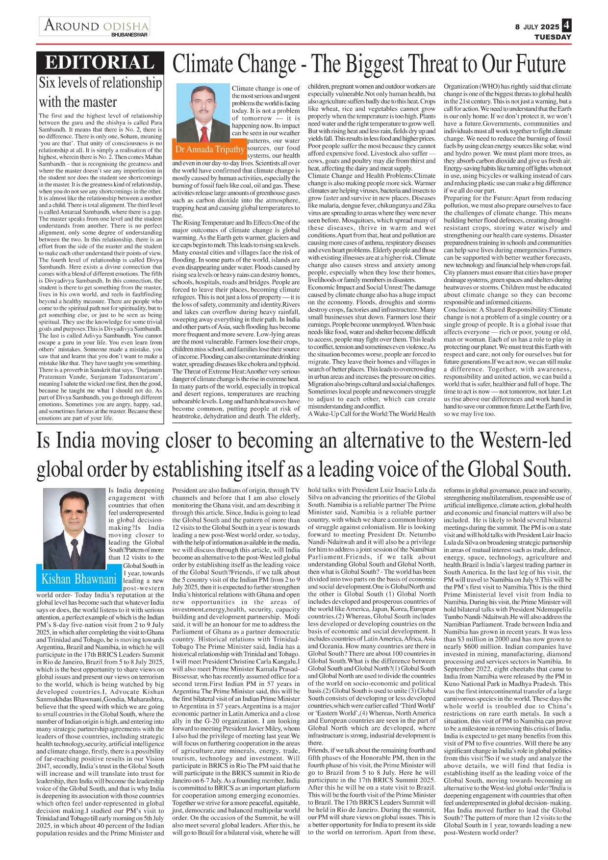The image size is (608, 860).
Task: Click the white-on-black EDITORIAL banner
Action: pos(100,63)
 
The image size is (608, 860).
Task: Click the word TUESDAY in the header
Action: pos(553,37)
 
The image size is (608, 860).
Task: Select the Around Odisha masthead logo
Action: pos(96,26)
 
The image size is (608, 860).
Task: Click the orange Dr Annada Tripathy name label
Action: pos(209,149)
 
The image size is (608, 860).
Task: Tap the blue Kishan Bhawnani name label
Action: pos(79,579)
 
